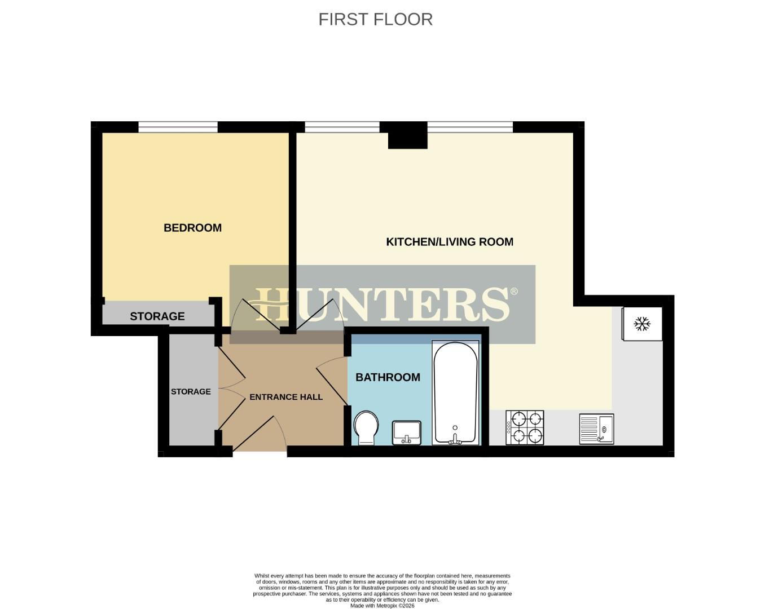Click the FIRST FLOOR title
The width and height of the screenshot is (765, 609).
pos(375,19)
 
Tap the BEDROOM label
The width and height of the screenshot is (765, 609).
pos(192,228)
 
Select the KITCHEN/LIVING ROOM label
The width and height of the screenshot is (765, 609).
pos(450,242)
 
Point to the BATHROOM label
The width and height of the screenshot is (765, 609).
pos(388,377)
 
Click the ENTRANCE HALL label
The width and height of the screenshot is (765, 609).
pos(286,397)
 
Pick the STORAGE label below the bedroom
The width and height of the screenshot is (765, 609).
pos(157,316)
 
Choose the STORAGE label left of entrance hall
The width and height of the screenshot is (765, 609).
pos(191,391)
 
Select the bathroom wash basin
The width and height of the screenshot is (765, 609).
pos(407,433)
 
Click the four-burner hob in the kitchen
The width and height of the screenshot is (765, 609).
pos(525,427)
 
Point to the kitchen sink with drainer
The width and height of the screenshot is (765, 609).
pos(596,429)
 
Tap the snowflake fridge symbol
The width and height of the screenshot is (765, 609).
pos(642,324)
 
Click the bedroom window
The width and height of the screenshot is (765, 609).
pos(178,127)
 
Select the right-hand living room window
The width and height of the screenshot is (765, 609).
pos(470,127)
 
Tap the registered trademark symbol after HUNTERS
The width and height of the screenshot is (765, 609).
pos(513,292)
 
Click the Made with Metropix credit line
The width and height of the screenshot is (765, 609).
pos(382,606)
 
